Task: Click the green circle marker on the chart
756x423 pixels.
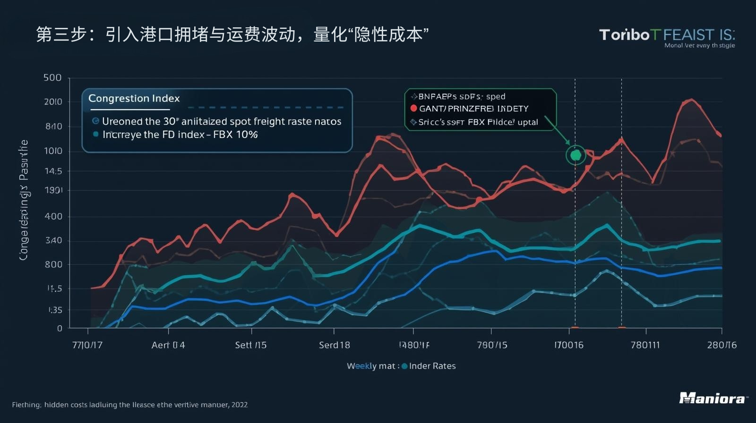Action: click(576, 155)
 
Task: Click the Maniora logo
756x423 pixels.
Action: click(713, 398)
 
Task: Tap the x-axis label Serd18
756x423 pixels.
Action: click(335, 345)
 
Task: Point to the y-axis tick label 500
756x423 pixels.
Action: click(52, 77)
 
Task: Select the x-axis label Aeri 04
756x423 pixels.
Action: click(168, 345)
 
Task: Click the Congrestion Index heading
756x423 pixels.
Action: click(134, 98)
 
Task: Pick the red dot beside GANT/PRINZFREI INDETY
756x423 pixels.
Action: click(414, 109)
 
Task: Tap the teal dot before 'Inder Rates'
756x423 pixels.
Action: click(404, 366)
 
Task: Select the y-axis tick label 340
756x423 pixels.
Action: click(53, 240)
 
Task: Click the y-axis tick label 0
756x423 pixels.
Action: click(60, 328)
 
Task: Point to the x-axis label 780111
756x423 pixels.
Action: click(645, 345)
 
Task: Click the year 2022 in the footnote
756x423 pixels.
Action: click(240, 405)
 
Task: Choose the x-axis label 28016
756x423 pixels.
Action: click(722, 345)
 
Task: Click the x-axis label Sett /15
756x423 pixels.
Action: click(251, 345)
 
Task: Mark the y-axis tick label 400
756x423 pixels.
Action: click(53, 216)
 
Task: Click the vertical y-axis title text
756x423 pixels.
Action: click(24, 200)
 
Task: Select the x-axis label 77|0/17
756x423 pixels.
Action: click(87, 345)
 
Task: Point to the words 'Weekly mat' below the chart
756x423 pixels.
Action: click(371, 366)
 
